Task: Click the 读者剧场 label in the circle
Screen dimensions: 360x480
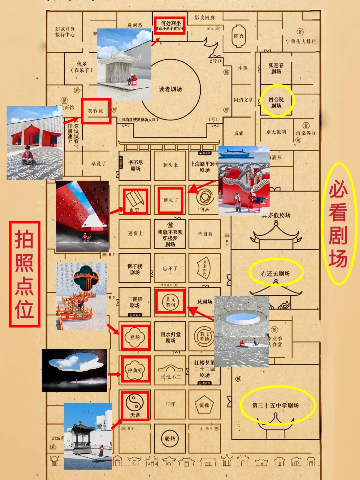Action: click(x=170, y=89)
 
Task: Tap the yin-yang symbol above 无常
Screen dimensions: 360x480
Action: click(x=135, y=403)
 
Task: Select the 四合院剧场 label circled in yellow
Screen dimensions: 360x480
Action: click(x=276, y=103)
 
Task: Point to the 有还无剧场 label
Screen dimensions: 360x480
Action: click(x=275, y=274)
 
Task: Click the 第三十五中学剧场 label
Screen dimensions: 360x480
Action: click(x=275, y=405)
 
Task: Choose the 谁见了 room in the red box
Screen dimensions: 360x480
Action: click(x=170, y=200)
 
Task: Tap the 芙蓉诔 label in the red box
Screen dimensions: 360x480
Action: click(x=96, y=111)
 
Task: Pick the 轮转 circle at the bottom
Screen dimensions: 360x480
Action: click(x=170, y=438)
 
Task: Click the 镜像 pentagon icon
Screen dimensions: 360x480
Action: click(x=204, y=405)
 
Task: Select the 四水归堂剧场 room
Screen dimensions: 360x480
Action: click(x=170, y=337)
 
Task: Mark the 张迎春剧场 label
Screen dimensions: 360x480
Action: click(x=276, y=68)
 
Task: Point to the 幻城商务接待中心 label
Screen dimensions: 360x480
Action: click(x=65, y=32)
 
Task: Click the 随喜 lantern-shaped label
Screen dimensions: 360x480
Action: click(x=239, y=36)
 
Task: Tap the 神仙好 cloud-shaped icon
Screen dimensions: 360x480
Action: click(x=135, y=370)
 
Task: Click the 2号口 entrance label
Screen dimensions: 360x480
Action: click(x=215, y=61)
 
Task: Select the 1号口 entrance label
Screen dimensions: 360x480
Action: click(x=214, y=119)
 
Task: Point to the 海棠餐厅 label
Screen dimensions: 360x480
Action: click(x=306, y=133)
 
